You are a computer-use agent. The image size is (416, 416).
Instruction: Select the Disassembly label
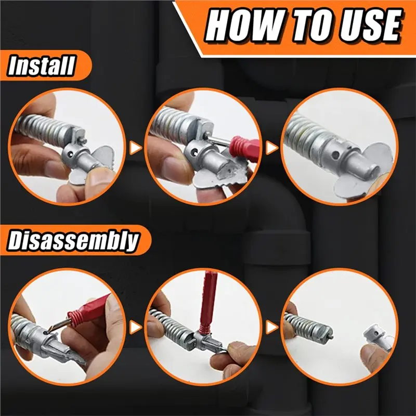click(x=73, y=241)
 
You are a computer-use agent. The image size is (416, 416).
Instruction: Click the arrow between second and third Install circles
click(x=270, y=149)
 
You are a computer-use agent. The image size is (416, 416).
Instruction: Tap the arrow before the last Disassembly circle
click(x=270, y=327)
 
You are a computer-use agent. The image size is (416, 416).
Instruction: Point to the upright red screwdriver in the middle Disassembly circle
click(x=205, y=304)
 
